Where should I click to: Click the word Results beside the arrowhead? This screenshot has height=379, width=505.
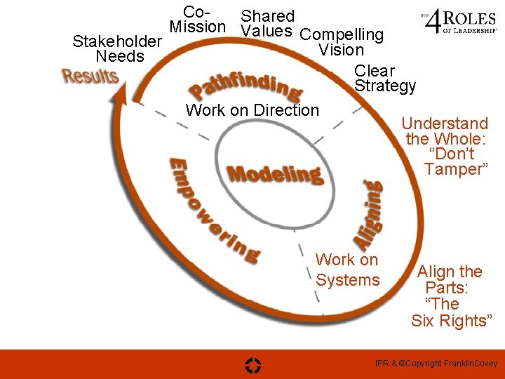click(90, 76)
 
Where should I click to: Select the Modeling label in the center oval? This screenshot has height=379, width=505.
click(274, 173)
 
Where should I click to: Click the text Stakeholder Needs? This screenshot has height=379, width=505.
click(117, 48)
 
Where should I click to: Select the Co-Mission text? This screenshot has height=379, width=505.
click(198, 20)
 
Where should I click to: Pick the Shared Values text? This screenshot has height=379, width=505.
click(267, 23)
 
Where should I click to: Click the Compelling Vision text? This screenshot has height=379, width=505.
click(342, 42)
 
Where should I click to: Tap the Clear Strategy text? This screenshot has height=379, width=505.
click(385, 78)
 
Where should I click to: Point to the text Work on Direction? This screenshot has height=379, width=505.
click(252, 110)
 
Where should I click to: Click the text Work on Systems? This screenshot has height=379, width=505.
click(347, 270)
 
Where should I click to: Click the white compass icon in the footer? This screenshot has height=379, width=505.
click(253, 364)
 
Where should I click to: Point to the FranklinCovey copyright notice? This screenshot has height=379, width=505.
click(436, 363)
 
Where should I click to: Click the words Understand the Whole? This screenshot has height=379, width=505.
click(446, 131)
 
